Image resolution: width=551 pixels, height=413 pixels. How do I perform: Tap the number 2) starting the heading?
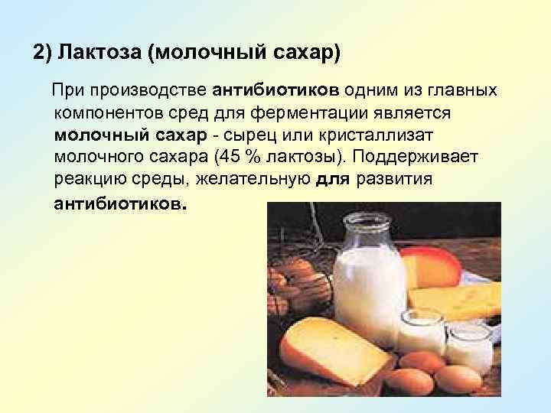tap(41, 54)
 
